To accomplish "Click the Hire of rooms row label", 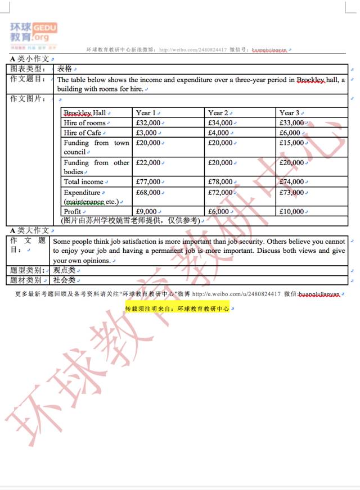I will tap(84, 122).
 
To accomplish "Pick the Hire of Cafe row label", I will tap(83, 133).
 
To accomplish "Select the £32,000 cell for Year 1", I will tap(148, 122).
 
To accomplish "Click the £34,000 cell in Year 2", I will tap(220, 122).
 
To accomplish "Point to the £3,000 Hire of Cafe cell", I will tap(147, 133).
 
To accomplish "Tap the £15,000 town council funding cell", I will tap(292, 143).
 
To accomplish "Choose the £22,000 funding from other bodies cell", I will tap(148, 163).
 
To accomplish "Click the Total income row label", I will tap(83, 182).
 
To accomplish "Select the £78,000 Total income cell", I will tap(220, 182).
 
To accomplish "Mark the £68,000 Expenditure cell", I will tap(148, 192).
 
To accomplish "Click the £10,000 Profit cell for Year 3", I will tap(292, 211).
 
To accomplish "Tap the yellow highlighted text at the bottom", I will tap(177, 308).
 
